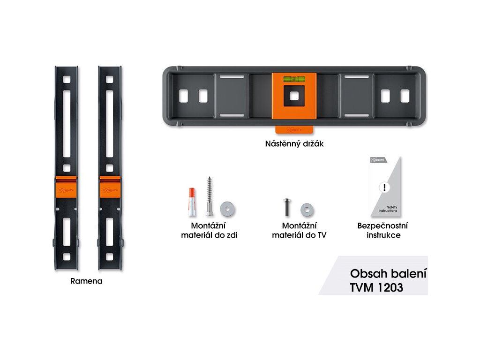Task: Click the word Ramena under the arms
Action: [86, 282]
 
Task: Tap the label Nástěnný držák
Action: [294, 144]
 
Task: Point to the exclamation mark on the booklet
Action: [385, 187]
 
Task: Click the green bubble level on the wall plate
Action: [293, 80]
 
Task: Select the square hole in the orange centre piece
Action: [293, 96]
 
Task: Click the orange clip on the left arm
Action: [66, 189]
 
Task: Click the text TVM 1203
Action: [376, 288]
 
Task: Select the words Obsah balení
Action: [388, 273]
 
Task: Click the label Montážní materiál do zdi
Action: [209, 230]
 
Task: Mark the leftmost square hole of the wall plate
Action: [182, 96]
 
